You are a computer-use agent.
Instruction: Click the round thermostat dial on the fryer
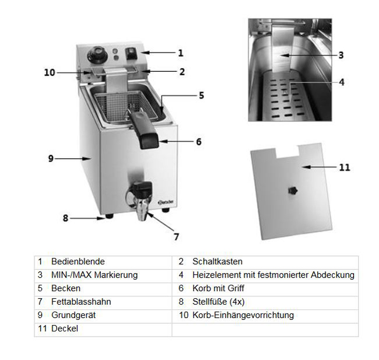pos(96,57)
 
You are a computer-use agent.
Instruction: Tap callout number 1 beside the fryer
pos(181,53)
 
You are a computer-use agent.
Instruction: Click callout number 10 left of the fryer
pos(50,73)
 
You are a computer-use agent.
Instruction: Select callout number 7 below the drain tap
pos(176,237)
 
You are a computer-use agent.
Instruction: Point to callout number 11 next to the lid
pos(345,167)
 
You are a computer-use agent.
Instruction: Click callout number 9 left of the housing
pos(51,158)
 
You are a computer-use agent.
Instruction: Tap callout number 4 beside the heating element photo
pos(342,82)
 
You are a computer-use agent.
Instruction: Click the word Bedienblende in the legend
pos(78,262)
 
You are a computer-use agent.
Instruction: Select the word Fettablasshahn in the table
pos(81,302)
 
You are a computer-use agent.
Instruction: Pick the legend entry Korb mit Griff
pos(218,288)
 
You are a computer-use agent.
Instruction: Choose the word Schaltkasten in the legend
pos(217,262)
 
